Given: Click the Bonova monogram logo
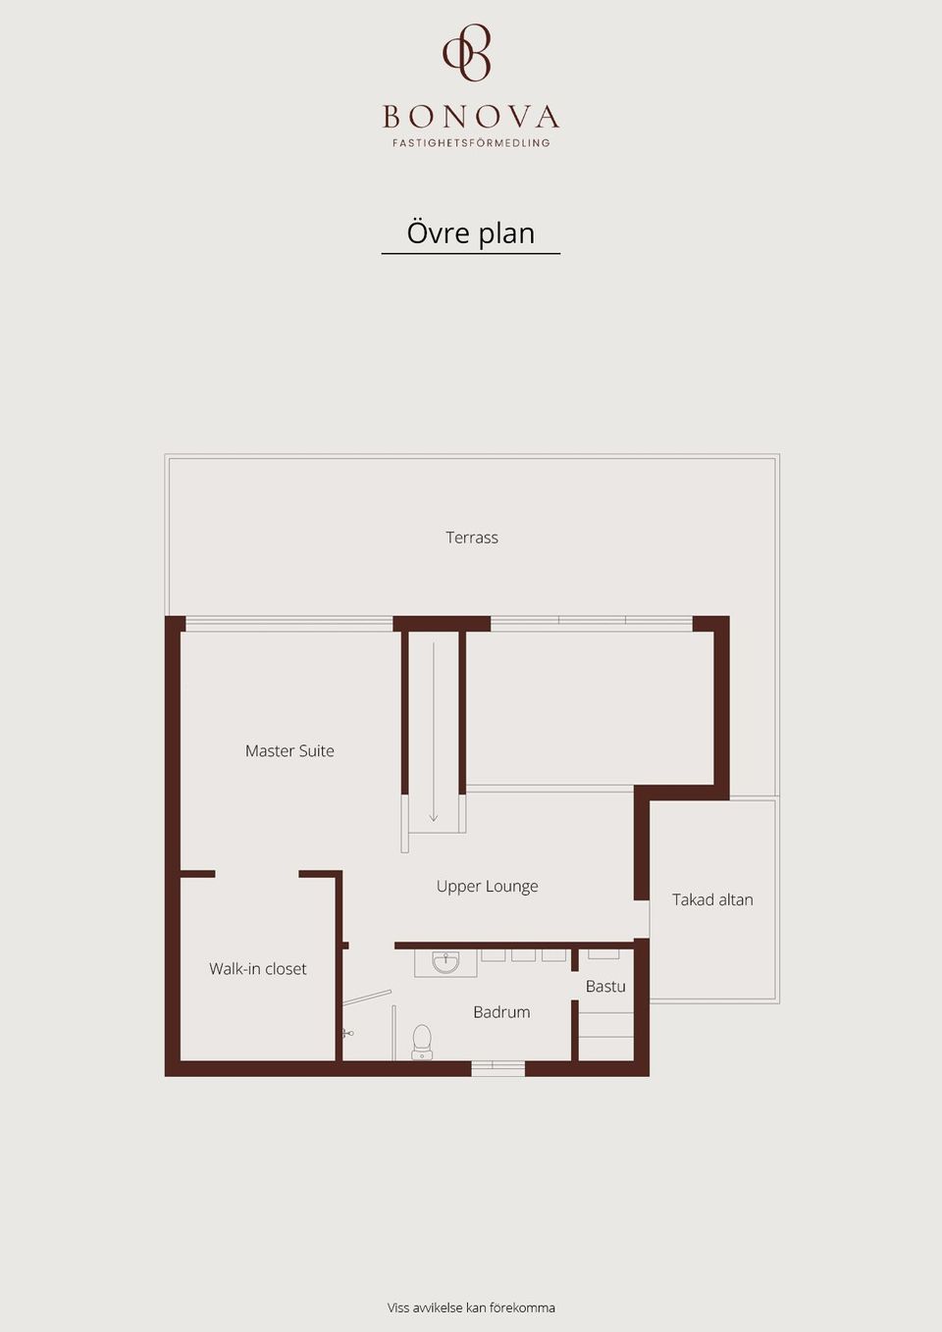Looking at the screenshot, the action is point(467,53).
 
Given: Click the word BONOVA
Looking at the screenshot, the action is point(471,117).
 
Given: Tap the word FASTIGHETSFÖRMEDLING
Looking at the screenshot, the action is point(471,143).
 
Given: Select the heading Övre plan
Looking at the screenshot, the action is point(470,233).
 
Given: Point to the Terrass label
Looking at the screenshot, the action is point(472,538).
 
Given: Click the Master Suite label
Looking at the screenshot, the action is point(289,751).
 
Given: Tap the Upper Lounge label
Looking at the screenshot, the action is point(487,887).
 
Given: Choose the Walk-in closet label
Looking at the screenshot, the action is point(257,969).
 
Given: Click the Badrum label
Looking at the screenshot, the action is point(501,1012).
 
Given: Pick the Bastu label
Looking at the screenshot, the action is point(605,987).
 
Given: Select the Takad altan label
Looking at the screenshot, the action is point(712,899).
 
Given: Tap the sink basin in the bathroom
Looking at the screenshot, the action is point(445,962).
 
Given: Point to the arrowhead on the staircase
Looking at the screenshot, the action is point(434,818).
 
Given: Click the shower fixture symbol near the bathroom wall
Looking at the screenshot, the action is point(348,1034).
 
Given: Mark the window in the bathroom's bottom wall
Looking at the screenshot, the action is point(497,1068).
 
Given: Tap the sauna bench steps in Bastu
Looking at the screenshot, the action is point(606,1036).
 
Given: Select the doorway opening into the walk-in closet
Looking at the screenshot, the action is point(257,874).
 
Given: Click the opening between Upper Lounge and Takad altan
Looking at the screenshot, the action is point(642,920).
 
